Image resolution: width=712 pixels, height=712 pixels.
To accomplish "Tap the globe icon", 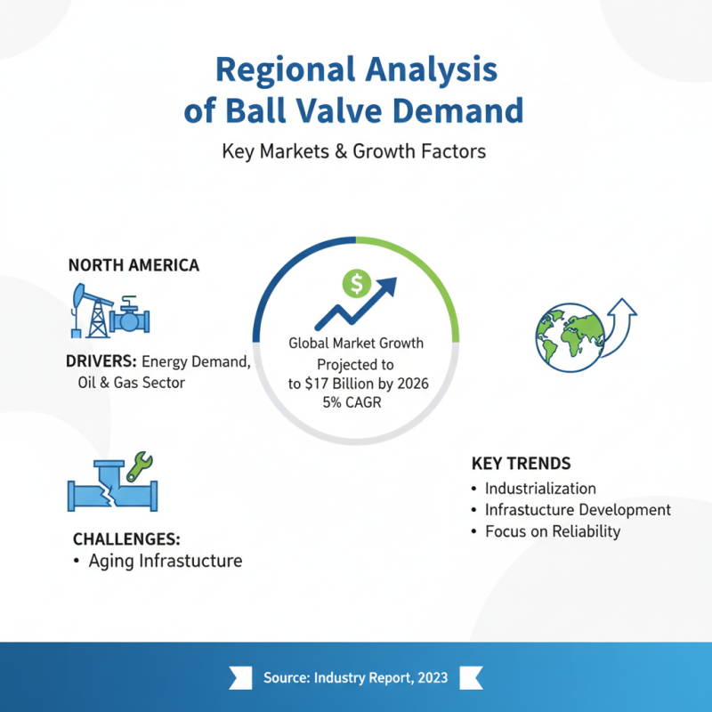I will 566,336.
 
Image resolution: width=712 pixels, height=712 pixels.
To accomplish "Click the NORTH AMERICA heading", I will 133,265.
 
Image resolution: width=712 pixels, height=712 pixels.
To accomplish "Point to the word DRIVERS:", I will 101,362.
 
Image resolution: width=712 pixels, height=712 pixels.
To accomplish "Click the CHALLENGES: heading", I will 126,539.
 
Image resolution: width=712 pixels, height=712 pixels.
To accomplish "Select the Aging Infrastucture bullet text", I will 165,561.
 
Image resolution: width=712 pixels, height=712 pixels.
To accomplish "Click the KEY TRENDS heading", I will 521,464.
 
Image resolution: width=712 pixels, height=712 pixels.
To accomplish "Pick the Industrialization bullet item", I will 540,489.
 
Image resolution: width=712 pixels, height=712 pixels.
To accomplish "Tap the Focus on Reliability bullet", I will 552,531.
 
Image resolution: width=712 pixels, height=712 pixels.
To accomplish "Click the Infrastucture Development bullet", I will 578,510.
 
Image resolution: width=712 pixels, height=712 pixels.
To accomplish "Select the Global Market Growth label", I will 356,343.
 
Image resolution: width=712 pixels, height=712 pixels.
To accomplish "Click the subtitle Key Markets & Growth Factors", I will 354,151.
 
